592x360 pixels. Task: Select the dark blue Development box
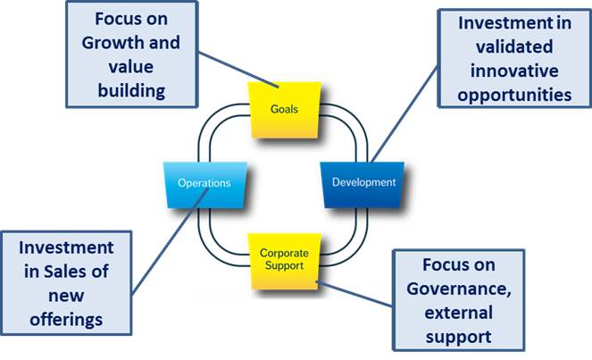pyautogui.click(x=363, y=182)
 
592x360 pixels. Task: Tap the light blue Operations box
pyautogui.click(x=204, y=182)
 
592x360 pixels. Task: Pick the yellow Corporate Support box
pyautogui.click(x=283, y=259)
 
